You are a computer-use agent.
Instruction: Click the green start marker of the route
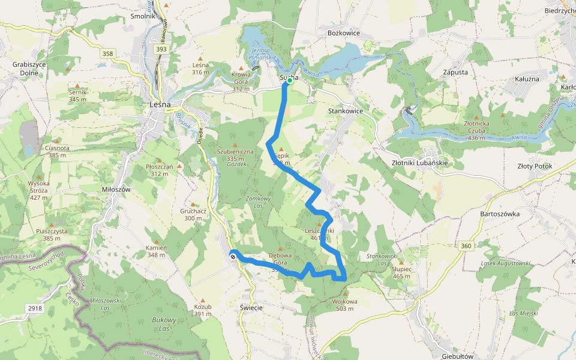tap(289, 80)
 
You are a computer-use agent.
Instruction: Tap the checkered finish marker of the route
tap(232, 256)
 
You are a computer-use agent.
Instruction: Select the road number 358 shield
tap(107, 53)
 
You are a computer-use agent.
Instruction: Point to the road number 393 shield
tap(160, 49)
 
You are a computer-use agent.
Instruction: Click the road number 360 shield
tap(466, 246)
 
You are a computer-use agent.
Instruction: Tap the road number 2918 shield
tap(35, 308)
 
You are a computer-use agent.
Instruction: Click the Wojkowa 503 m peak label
tap(344, 305)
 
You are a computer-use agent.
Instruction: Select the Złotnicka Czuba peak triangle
tap(476, 117)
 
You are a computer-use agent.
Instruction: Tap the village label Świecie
tap(251, 307)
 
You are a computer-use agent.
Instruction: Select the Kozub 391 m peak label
tap(203, 310)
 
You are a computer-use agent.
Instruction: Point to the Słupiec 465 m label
tap(402, 272)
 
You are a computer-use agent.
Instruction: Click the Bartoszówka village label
tap(500, 214)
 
